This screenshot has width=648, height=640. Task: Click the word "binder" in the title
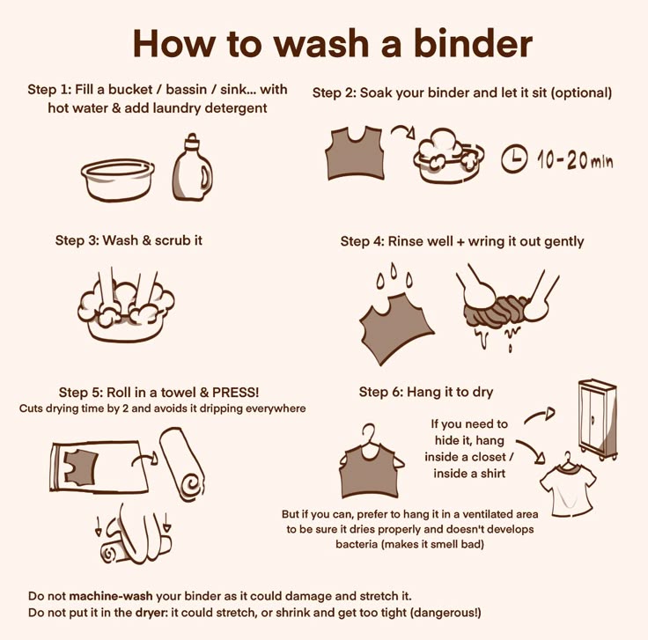coord(473,43)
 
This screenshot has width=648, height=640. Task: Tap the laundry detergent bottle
coord(193,167)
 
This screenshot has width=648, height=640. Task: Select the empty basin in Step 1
coord(118,180)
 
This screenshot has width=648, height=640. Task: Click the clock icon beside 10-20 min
coord(514,158)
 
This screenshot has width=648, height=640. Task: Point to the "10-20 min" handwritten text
coord(575,160)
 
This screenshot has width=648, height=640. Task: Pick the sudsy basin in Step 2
coord(449,155)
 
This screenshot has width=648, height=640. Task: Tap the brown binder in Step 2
coord(356,153)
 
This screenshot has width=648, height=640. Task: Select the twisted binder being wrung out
coord(496,311)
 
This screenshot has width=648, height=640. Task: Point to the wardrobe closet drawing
coord(598,419)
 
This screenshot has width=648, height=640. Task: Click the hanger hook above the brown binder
coord(369,435)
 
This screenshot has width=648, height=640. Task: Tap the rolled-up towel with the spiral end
coord(182,464)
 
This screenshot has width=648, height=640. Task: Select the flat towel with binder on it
coord(99,467)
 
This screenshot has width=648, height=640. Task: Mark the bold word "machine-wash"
coord(111,596)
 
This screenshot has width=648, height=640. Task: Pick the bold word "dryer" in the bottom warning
coord(151,613)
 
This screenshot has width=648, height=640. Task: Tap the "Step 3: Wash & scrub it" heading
coord(129,240)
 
